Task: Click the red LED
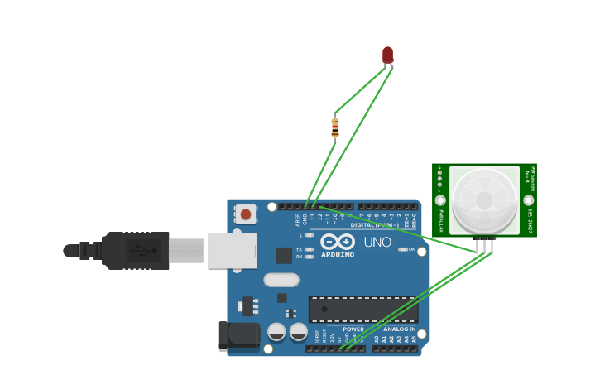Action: pos(387,55)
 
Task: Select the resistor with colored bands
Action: pos(335,127)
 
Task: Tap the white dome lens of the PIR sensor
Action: pos(485,200)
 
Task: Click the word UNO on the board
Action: pos(377,243)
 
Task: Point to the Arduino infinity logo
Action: pos(338,242)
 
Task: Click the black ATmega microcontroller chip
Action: pos(362,309)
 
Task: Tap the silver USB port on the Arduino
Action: pos(232,251)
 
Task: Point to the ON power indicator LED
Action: pos(402,249)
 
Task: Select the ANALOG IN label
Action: pos(399,329)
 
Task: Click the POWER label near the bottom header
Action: pos(353,329)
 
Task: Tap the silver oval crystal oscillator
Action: pos(281,280)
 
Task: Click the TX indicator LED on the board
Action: pos(309,249)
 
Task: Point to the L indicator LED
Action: pos(309,235)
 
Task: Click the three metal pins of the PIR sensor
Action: pos(485,245)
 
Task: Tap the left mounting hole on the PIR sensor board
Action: pos(440,200)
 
